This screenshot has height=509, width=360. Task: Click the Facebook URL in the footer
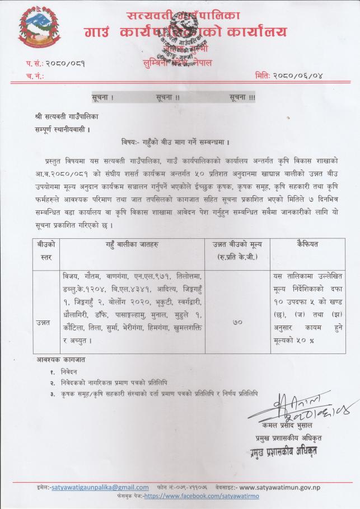[195, 496]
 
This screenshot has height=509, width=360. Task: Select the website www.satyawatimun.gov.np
[288, 487]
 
